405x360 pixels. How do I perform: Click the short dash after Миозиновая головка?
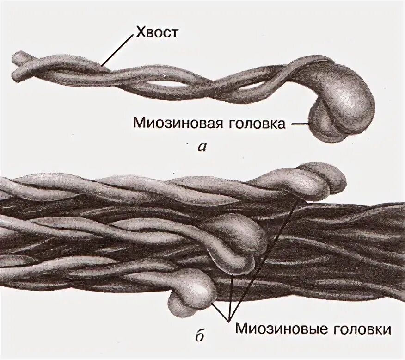[299, 124]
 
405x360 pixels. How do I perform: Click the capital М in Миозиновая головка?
[138, 124]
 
